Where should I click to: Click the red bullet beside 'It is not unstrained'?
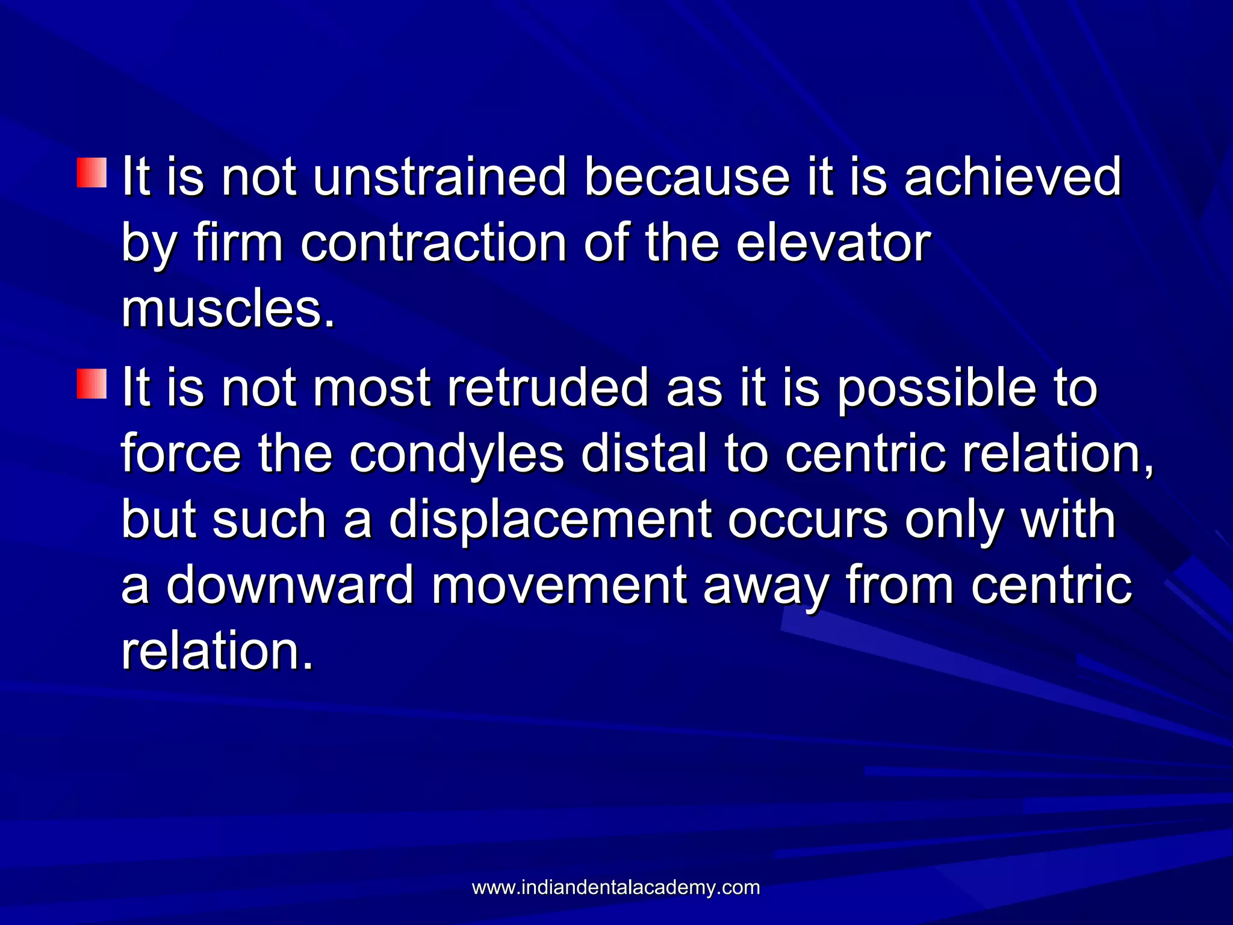92,173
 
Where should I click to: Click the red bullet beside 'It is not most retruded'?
92,384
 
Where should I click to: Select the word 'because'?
686,177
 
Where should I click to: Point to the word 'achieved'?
1013,177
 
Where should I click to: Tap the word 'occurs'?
807,521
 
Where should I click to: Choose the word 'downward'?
290,586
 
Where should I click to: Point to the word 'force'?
181,455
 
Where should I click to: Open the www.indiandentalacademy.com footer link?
616,888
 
